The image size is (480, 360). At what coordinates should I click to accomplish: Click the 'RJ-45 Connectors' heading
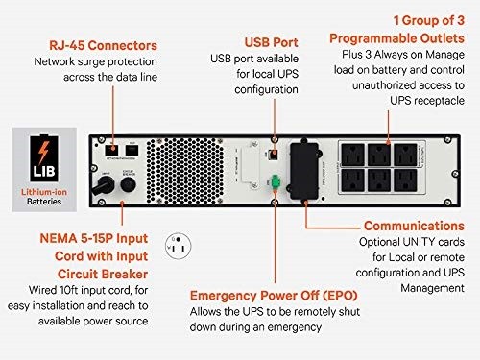(x=103, y=45)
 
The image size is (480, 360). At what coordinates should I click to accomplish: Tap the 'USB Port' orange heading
(x=272, y=42)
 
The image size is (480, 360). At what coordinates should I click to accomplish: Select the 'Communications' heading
(x=414, y=226)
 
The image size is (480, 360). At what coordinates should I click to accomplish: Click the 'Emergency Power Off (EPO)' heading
(x=274, y=296)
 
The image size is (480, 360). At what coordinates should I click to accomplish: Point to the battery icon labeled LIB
(x=44, y=157)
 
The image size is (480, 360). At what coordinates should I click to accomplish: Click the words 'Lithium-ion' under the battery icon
(x=44, y=192)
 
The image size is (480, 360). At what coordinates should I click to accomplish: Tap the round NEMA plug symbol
(x=178, y=246)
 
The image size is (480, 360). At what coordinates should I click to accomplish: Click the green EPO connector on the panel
(x=275, y=182)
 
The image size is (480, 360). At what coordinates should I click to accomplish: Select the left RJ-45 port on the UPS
(x=111, y=151)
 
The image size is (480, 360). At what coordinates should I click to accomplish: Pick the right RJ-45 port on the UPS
(x=132, y=151)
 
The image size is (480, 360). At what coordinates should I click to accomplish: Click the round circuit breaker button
(x=129, y=184)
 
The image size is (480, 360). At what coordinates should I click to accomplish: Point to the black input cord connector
(x=104, y=185)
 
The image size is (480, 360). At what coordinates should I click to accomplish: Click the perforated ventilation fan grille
(x=185, y=171)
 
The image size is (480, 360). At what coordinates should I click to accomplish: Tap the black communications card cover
(x=304, y=171)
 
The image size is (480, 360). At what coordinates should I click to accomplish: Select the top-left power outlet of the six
(x=352, y=155)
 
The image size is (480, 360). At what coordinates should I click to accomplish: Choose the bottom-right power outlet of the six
(x=405, y=180)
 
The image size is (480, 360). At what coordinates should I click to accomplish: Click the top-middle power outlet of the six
(x=379, y=155)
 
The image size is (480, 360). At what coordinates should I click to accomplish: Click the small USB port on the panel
(x=273, y=155)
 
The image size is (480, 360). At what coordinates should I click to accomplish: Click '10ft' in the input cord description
(x=69, y=290)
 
